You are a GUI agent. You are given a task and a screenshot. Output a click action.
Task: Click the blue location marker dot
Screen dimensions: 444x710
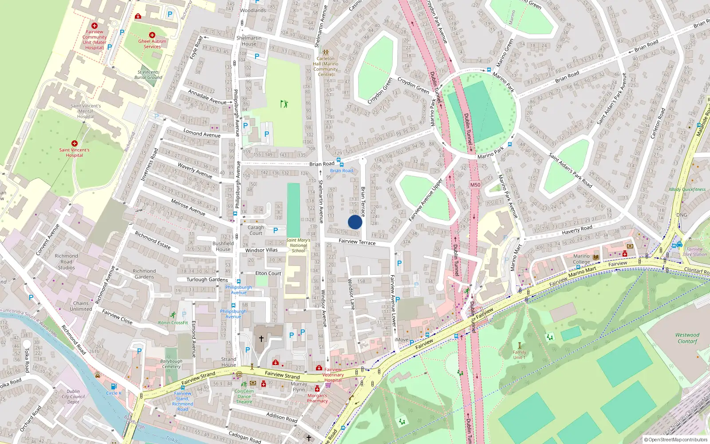pos(355,222)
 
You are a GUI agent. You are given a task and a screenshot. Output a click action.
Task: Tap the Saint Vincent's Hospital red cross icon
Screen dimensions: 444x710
pos(74,143)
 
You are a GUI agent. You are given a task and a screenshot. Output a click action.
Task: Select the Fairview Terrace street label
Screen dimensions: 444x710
pos(357,242)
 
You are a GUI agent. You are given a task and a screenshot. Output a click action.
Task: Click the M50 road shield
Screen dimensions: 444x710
pos(475,185)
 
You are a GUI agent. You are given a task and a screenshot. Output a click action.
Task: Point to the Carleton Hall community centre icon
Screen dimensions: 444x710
pos(325,52)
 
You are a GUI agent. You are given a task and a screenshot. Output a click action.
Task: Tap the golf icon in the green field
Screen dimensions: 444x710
pos(284,104)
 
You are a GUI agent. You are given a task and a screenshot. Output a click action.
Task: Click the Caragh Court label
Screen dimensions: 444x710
pos(256,230)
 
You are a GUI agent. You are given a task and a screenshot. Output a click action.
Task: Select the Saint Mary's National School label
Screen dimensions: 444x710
pos(298,245)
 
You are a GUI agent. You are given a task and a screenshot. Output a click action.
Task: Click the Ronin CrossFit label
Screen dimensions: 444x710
pos(173,323)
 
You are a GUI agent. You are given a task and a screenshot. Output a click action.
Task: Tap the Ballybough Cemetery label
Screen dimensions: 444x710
pos(171,364)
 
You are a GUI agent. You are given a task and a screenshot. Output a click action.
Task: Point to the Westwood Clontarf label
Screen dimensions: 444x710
pos(687,338)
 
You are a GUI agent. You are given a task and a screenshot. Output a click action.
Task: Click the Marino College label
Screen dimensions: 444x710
pos(581,259)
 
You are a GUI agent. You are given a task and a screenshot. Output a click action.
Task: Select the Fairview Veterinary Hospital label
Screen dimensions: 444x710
pos(333,375)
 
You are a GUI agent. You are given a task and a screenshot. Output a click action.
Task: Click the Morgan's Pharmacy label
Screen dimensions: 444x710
pos(317,398)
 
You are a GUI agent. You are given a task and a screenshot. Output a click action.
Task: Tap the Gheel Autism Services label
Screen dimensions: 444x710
pos(152,44)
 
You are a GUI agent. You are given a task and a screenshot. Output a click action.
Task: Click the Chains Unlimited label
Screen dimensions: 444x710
pos(81,306)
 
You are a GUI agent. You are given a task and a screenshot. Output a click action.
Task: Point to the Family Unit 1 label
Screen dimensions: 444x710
pos(519,355)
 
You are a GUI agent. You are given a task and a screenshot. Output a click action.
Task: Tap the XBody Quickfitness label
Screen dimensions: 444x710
pos(687,189)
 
